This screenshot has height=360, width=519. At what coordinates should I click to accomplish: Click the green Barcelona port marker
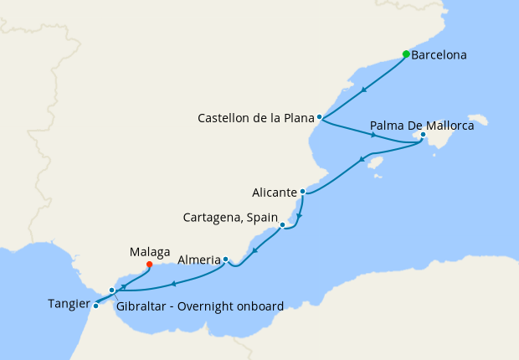point(406,54)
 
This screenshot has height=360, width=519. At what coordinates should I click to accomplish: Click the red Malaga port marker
point(149,265)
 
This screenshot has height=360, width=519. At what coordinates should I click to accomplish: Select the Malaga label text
point(150,250)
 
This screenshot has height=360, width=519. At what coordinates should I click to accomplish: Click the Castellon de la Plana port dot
point(320,117)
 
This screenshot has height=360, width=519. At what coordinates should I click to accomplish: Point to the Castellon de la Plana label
point(255,118)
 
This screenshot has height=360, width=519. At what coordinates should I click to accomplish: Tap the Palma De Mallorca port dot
point(424,134)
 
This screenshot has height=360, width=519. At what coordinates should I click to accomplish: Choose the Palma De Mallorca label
point(422,126)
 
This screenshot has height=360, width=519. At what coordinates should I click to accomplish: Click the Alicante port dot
point(303,191)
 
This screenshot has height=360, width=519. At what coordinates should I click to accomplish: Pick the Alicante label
point(275,192)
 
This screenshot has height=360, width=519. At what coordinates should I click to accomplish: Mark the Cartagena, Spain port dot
point(283,224)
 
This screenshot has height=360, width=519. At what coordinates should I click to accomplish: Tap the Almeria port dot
point(225,260)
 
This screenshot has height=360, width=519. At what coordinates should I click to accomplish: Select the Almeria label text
point(198,260)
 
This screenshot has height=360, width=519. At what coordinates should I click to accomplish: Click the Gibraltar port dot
point(111,291)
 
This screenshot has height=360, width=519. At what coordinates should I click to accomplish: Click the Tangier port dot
point(95,306)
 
